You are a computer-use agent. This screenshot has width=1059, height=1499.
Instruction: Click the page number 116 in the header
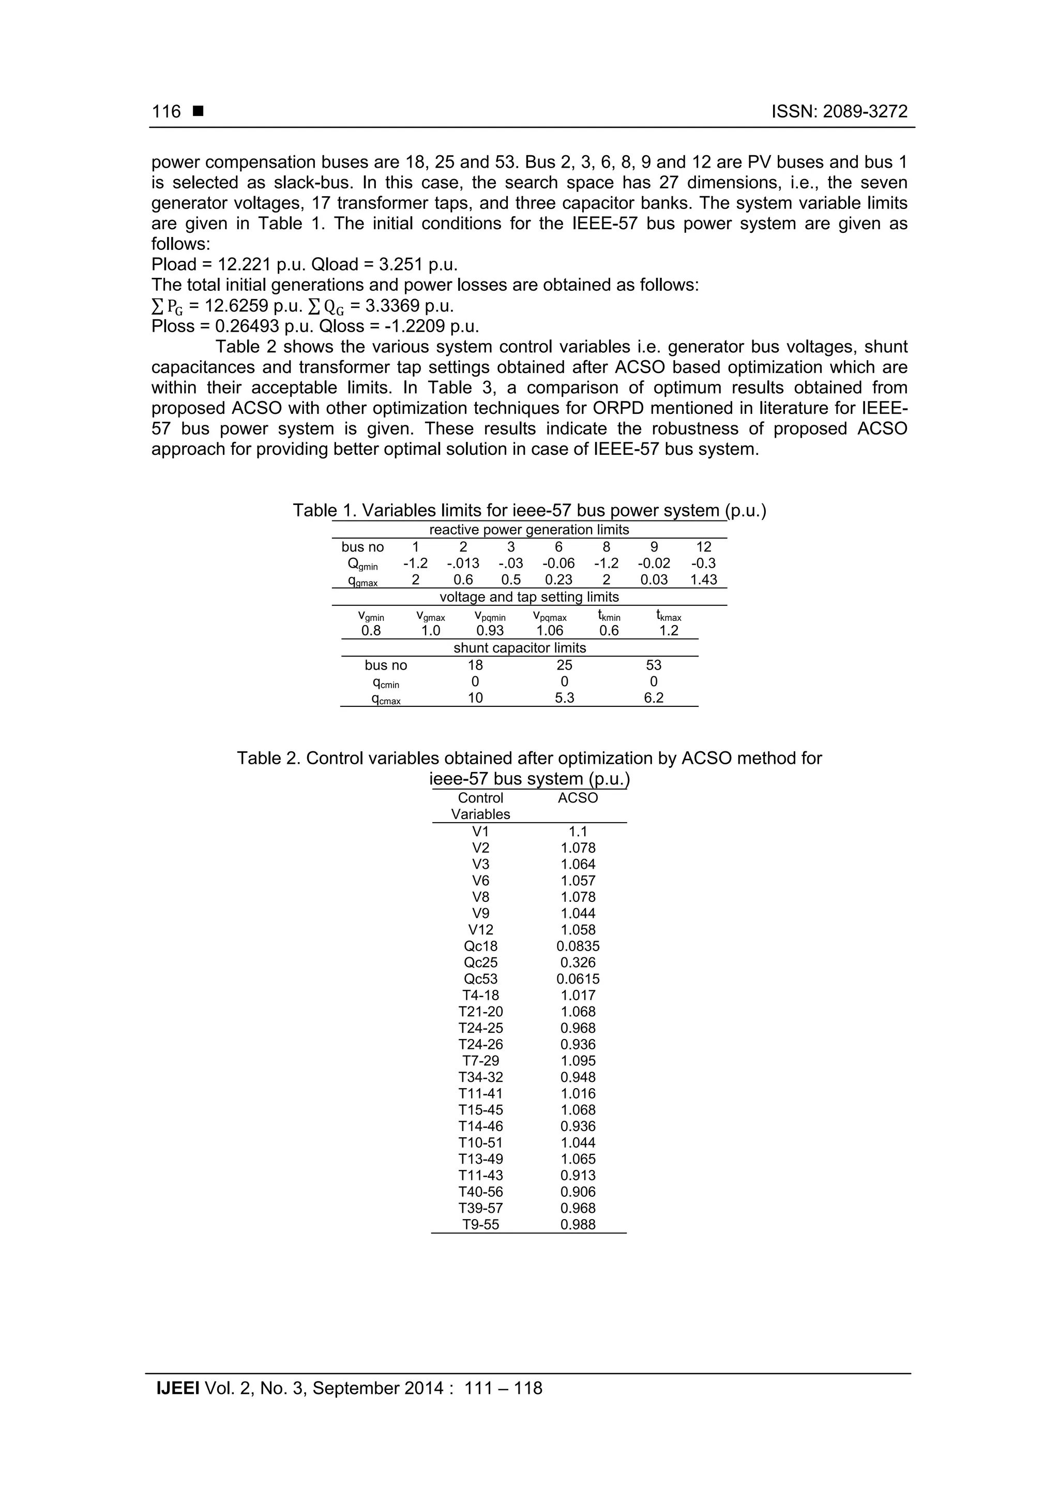point(167,112)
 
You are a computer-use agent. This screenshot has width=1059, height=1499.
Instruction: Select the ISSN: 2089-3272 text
point(839,112)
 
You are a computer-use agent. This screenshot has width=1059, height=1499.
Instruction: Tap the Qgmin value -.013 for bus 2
point(463,563)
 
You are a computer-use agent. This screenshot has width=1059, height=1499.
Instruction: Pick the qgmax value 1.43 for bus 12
point(703,580)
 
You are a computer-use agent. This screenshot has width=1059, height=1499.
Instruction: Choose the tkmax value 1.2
point(669,631)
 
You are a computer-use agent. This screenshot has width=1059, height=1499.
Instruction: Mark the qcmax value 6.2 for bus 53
point(653,698)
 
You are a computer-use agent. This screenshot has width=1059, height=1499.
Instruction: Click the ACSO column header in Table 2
point(578,798)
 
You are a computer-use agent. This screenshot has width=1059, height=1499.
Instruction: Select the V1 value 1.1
point(578,832)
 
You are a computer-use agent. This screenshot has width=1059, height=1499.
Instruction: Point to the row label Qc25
point(480,962)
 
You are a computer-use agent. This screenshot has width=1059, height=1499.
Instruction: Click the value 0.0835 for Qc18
point(578,946)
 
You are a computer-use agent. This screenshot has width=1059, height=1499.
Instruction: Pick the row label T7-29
point(480,1061)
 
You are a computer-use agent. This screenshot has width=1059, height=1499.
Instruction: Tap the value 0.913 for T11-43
point(578,1175)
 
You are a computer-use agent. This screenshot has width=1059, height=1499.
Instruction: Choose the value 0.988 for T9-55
point(578,1225)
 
